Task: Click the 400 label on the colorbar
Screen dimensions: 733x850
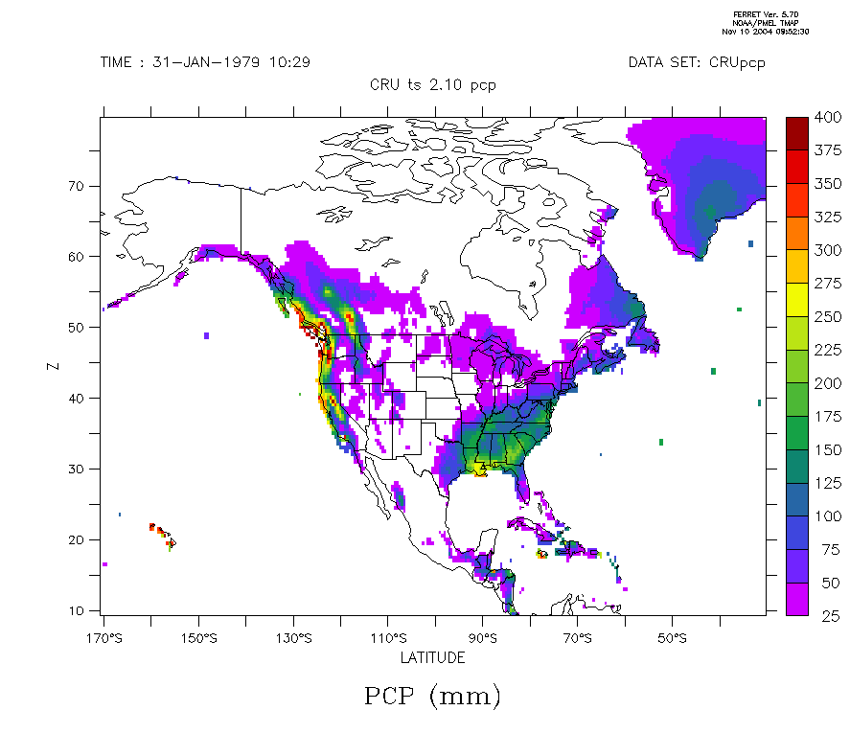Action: [827, 116]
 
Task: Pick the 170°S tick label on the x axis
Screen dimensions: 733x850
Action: [103, 638]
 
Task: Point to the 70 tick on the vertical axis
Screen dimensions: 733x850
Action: [79, 185]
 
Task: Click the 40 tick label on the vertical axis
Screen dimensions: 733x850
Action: [79, 398]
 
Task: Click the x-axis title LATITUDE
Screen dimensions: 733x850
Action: [433, 657]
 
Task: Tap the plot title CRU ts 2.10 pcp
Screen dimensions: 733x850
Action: [433, 84]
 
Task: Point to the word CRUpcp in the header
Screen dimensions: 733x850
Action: [737, 62]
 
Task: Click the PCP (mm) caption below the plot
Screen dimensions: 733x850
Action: [433, 696]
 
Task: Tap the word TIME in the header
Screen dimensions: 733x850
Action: [119, 62]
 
